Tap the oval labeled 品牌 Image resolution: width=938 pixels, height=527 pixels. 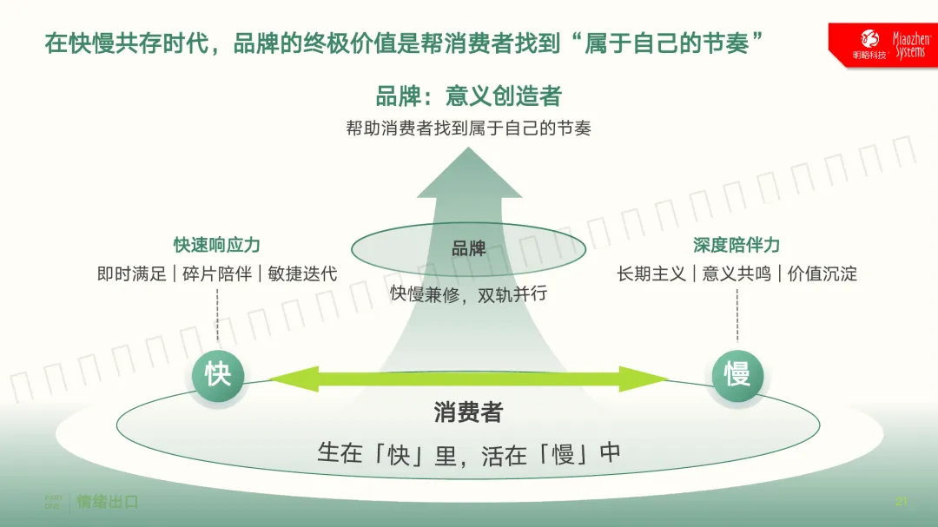coord(468,250)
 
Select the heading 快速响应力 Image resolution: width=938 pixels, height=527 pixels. coord(217,246)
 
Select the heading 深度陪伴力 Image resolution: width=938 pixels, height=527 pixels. coord(737,246)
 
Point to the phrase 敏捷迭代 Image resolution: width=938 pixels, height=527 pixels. coord(302,273)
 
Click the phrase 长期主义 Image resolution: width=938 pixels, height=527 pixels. coord(651,273)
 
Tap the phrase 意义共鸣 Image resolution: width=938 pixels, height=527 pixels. coord(737,273)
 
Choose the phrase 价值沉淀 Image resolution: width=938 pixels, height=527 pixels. coord(822,273)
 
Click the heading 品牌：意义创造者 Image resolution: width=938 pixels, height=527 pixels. coord(468,96)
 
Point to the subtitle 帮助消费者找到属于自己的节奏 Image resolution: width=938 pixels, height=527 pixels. coord(468,128)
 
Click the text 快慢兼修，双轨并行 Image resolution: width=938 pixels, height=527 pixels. coord(468,293)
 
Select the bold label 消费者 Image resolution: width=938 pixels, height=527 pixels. coord(468,412)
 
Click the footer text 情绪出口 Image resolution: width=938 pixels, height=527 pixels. coord(108,502)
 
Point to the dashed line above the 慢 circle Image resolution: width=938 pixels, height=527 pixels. coord(737,315)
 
